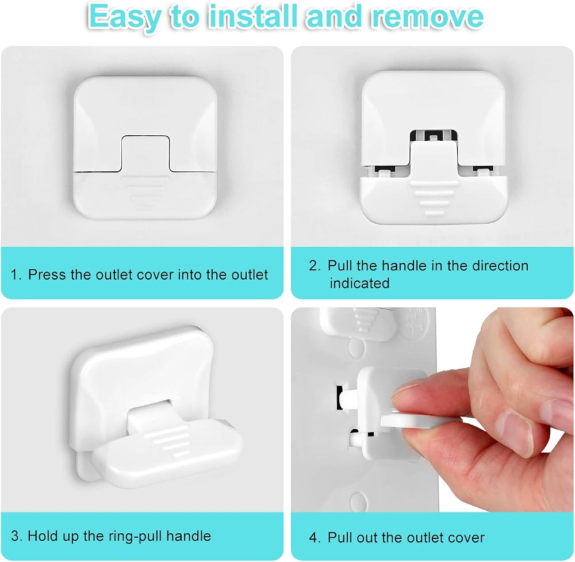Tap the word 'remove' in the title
pos(427,17)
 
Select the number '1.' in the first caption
pos(16,274)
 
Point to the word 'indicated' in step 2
pos(359,283)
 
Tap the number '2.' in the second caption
pos(315,265)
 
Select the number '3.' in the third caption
pos(17,536)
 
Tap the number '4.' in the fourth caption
pos(315,538)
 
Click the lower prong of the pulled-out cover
pos(359,439)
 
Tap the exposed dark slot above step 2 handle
pos(434,135)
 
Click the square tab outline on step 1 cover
pos(145,154)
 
